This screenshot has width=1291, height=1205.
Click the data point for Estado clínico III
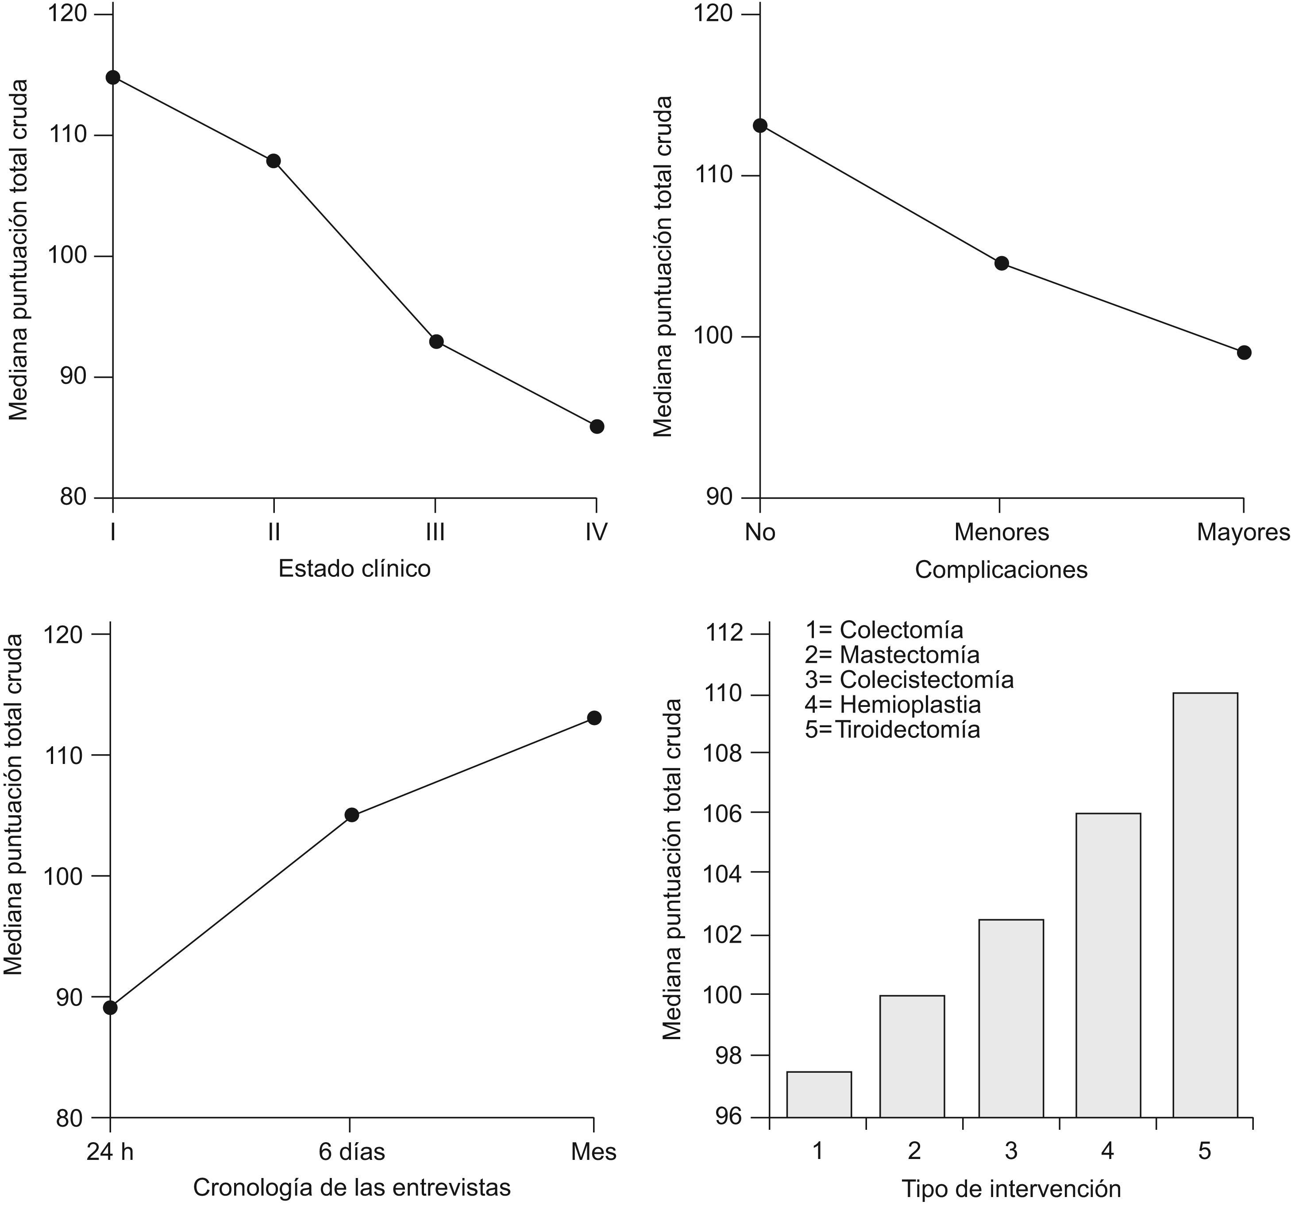pos(436,342)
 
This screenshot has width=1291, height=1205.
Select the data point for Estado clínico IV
pos(597,426)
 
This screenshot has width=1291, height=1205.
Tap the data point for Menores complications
pos(1002,263)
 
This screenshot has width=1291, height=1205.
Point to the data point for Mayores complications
pos(1244,353)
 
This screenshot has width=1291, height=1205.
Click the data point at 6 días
pos(351,815)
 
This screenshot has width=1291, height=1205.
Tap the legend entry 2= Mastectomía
pos(892,654)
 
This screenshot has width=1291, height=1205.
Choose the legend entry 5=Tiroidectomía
pos(892,729)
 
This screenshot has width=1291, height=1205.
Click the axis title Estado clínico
pos(355,569)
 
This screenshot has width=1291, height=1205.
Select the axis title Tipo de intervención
pos(1011,1189)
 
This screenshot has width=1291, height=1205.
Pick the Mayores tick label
pos(1243,532)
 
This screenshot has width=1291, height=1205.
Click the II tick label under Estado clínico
pos(274,532)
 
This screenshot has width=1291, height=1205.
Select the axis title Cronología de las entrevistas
pos(351,1187)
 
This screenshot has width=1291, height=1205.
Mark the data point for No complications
pos(760,125)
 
